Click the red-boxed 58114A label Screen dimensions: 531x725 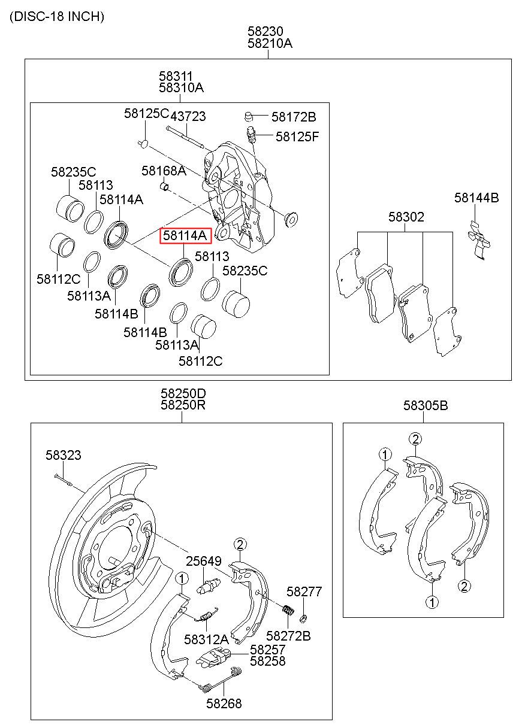(x=185, y=235)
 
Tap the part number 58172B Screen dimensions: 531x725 (x=294, y=117)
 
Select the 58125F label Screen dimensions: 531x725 (x=297, y=136)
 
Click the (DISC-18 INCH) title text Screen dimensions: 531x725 (x=57, y=16)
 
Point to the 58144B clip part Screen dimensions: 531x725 (x=479, y=240)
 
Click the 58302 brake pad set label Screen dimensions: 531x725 (x=406, y=217)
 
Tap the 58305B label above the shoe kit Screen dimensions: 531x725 (x=426, y=405)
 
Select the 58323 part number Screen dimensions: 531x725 (x=63, y=455)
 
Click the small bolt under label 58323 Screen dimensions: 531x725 (x=64, y=483)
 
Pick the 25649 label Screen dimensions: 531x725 (x=203, y=561)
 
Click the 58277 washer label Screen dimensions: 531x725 (x=304, y=591)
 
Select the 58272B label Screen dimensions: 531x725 (x=288, y=636)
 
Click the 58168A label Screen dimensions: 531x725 (x=164, y=171)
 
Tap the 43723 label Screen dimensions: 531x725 (x=188, y=116)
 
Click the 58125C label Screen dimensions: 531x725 (x=147, y=113)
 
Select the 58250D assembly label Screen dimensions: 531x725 (x=183, y=393)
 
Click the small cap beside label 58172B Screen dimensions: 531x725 (x=248, y=116)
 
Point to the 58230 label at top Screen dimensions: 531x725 (x=265, y=31)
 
